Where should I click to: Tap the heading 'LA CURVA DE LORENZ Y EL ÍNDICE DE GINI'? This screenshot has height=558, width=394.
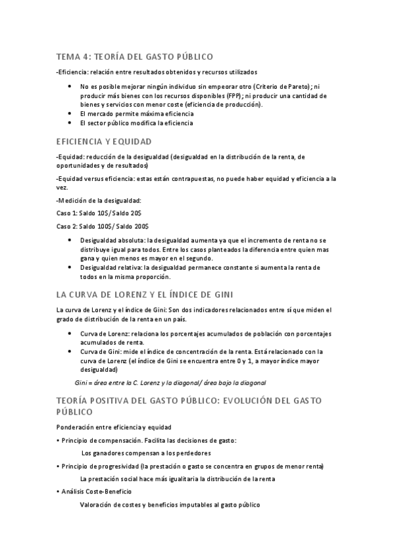[145, 293]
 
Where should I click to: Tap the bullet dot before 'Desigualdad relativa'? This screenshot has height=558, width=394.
[71, 268]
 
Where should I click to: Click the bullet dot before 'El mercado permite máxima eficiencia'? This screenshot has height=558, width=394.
[71, 114]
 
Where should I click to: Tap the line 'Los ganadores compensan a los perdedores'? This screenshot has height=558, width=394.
[146, 453]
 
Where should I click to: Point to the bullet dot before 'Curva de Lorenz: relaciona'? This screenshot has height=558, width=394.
[71, 334]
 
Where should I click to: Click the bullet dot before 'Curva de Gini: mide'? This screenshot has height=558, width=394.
[71, 352]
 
